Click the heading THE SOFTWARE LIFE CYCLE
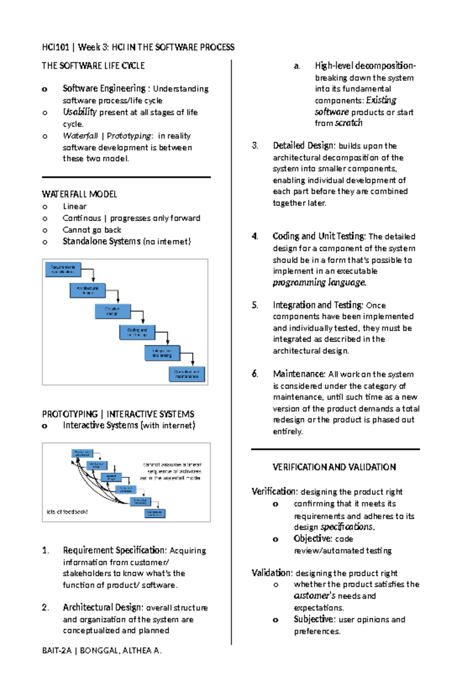93,66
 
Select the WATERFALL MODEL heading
79,194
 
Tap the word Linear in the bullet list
75,206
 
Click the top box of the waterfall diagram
63,269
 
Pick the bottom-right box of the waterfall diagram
187,374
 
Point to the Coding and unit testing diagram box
137,333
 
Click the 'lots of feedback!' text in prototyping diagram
67,511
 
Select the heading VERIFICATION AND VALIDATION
334,467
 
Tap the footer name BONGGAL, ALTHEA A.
121,650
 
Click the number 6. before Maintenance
255,374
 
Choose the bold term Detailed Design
304,145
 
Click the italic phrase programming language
319,282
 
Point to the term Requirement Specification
114,550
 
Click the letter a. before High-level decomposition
297,66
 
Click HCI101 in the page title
55,47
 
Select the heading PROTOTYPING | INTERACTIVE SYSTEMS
118,414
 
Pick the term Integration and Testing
318,305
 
